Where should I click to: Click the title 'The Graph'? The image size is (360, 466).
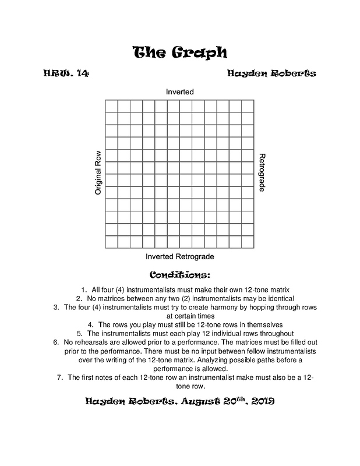pos(179,52)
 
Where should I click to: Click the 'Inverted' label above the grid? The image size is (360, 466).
pos(179,92)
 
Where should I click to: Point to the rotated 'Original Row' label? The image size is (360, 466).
pos(98,173)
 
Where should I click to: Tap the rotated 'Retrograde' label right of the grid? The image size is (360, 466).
pos(262,173)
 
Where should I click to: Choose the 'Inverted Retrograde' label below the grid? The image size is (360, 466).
pos(179,256)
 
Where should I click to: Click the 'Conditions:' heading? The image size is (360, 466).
pos(179,274)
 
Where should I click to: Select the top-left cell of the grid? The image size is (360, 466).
pos(111,106)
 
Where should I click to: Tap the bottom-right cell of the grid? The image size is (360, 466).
pos(247,242)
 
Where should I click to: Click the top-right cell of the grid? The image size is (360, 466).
pos(247,106)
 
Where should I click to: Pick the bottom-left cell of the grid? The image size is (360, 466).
pos(111,242)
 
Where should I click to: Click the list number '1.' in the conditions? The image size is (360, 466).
pos(80,289)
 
